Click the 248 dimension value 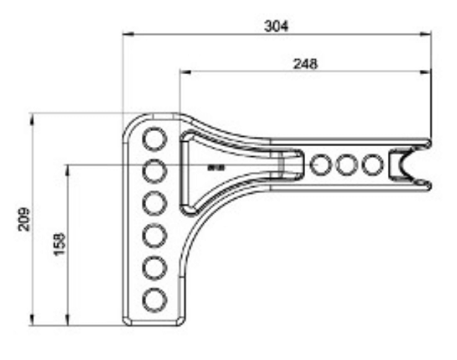(x=305, y=63)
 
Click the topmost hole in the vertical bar (x=153, y=138)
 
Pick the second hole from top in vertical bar (x=153, y=171)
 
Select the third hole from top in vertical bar (x=153, y=203)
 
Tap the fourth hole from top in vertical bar (x=153, y=235)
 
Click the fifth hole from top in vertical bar (x=153, y=266)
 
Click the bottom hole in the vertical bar (x=153, y=298)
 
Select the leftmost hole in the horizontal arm (x=321, y=166)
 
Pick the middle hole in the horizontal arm (x=347, y=166)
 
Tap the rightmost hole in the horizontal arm (x=371, y=166)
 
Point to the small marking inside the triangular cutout (x=213, y=167)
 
